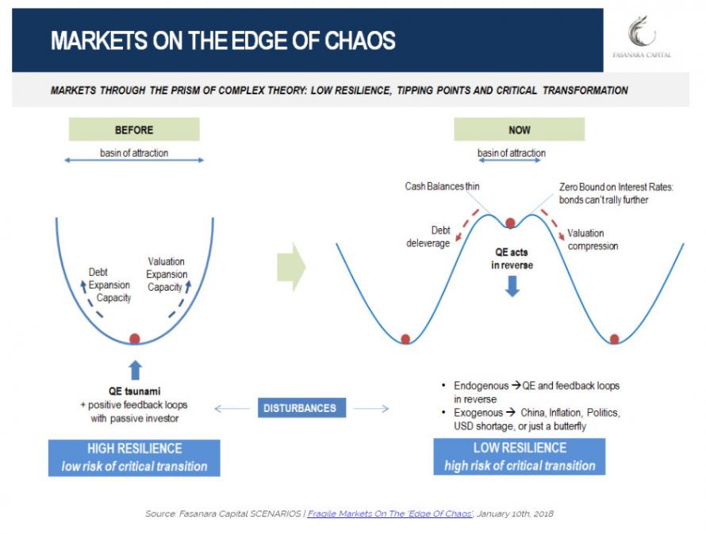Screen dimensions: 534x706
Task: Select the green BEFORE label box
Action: pyautogui.click(x=134, y=129)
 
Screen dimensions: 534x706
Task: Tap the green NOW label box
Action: pyautogui.click(x=519, y=129)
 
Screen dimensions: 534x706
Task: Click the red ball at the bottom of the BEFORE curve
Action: pyautogui.click(x=135, y=339)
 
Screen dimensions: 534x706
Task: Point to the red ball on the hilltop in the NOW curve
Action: pyautogui.click(x=510, y=223)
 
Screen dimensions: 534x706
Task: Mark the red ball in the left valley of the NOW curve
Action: pyautogui.click(x=405, y=339)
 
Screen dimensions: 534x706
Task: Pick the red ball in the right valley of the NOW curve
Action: pyautogui.click(x=614, y=339)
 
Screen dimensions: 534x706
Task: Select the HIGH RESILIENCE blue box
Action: pyautogui.click(x=134, y=457)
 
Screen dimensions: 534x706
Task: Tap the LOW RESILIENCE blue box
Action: pyautogui.click(x=519, y=457)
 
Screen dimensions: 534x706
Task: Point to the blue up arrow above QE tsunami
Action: pyautogui.click(x=135, y=369)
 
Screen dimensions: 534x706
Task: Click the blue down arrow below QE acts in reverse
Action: pyautogui.click(x=512, y=286)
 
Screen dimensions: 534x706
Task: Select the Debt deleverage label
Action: pyautogui.click(x=429, y=236)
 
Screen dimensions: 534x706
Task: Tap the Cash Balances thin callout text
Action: pyautogui.click(x=442, y=186)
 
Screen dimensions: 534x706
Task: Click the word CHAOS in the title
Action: pyautogui.click(x=351, y=41)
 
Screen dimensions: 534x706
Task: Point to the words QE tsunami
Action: pyautogui.click(x=134, y=391)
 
